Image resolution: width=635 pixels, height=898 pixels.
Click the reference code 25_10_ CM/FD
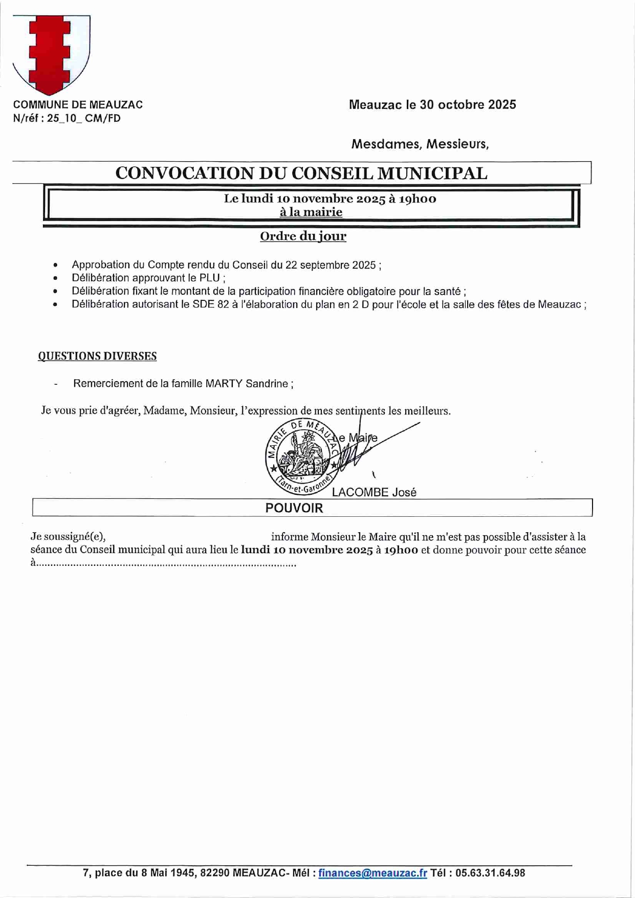click(84, 119)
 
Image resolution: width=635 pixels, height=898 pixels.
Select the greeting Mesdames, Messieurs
click(420, 144)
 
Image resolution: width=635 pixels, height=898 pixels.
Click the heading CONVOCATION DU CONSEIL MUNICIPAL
click(301, 173)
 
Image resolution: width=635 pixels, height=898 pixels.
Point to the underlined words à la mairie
click(311, 212)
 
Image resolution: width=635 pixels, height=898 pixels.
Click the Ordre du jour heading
click(303, 236)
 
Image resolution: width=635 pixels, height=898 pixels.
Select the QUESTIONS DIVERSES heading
click(97, 356)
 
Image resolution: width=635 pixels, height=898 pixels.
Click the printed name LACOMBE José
click(374, 492)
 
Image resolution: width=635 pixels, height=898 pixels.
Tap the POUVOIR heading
click(294, 508)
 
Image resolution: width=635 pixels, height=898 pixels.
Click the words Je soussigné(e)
click(68, 537)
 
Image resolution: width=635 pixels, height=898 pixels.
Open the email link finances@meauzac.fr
click(373, 873)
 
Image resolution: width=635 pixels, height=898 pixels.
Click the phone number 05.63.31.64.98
click(490, 873)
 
